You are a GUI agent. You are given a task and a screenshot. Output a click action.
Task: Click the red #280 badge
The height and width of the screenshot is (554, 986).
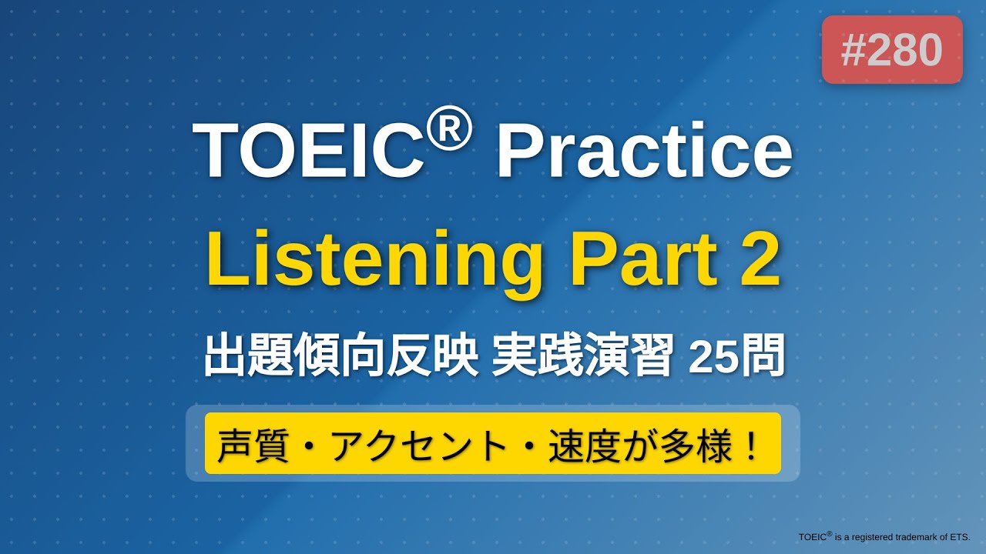coord(892,50)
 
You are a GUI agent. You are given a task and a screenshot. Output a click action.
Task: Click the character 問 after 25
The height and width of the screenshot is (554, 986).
coord(763,356)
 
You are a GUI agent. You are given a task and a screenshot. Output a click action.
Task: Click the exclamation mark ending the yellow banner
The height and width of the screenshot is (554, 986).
coord(751,444)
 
